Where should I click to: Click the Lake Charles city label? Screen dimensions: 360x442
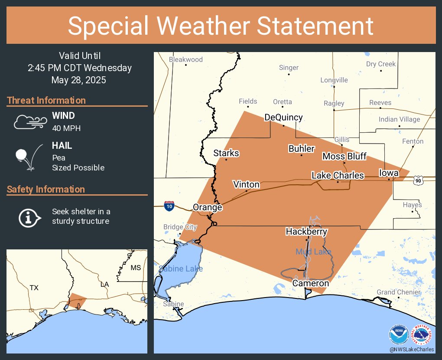[338, 176]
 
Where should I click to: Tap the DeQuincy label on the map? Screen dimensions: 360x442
[283, 118]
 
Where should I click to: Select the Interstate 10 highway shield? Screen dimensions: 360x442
[170, 206]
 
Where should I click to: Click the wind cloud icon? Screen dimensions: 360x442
[29, 122]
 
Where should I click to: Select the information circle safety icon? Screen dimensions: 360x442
[29, 217]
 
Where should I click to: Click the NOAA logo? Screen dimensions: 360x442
[398, 335]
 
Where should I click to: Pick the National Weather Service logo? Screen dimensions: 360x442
[421, 335]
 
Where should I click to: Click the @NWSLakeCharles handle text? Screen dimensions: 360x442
[411, 350]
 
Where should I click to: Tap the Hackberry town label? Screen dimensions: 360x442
[306, 232]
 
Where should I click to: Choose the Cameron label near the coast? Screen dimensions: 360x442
[310, 283]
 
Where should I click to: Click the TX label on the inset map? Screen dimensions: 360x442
[34, 288]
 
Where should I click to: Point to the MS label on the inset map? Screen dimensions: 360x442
[136, 268]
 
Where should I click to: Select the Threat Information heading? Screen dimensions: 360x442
[46, 101]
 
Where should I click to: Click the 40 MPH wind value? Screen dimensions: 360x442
[66, 128]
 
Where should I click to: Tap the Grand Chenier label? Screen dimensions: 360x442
[398, 292]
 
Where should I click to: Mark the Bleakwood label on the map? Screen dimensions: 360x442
[185, 59]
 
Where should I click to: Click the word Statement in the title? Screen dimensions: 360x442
[315, 26]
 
